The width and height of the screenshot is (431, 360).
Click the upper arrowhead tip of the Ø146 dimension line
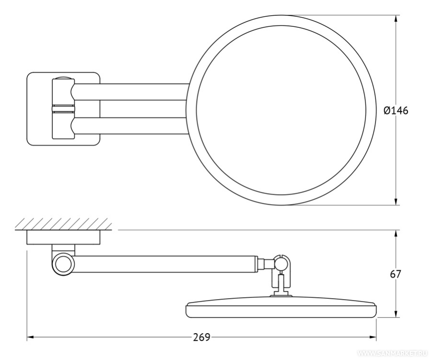click(x=396, y=15)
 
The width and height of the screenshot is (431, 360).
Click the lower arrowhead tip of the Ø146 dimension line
click(x=396, y=205)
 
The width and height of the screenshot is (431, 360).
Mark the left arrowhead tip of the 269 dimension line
click(x=27, y=337)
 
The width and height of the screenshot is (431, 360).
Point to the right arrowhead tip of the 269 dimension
click(x=376, y=337)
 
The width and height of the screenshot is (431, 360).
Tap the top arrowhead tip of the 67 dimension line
click(x=396, y=230)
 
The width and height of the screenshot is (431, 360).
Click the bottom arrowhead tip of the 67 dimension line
click(x=396, y=318)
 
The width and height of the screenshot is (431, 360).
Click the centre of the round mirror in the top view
click(x=281, y=110)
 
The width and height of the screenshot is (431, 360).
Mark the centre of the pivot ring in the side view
click(x=63, y=265)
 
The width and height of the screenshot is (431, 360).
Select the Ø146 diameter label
click(x=396, y=110)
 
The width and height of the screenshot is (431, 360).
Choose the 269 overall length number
click(x=201, y=337)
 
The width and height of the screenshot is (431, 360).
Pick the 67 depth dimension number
click(x=396, y=274)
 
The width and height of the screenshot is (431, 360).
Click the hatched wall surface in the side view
click(x=63, y=224)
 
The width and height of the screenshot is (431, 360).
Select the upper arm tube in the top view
click(x=130, y=92)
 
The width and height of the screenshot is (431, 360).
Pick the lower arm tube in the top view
click(x=130, y=126)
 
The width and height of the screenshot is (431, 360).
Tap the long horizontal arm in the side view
click(x=165, y=264)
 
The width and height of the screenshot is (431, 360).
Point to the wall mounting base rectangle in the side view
click(x=63, y=237)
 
